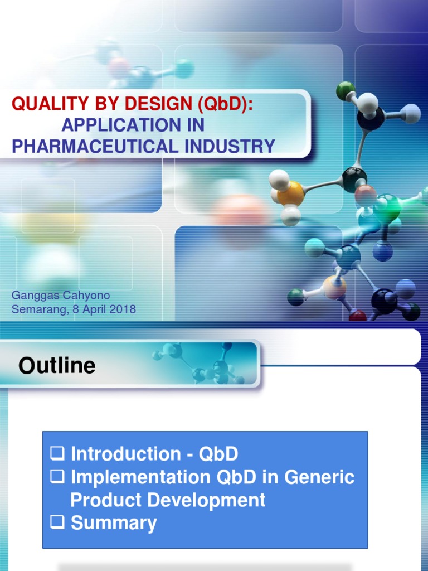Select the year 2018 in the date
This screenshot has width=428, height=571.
(x=122, y=309)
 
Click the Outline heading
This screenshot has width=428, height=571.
(x=57, y=366)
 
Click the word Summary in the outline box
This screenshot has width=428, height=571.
(x=114, y=523)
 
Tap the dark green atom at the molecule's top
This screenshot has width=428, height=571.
(x=346, y=90)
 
